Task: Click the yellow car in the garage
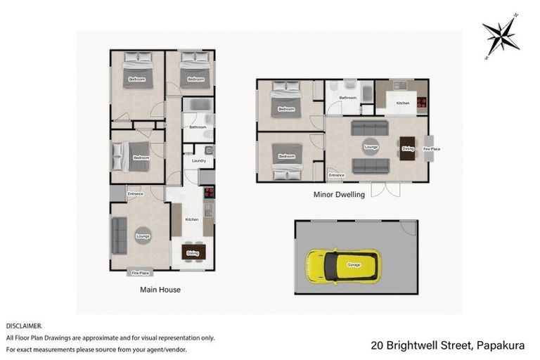click(x=342, y=265)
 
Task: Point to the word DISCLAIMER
click(x=24, y=326)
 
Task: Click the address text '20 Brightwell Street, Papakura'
click(x=451, y=345)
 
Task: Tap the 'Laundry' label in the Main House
click(x=198, y=161)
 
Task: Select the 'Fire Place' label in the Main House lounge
click(x=139, y=272)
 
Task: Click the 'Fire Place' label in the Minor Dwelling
click(x=431, y=148)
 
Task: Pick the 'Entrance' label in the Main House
click(x=136, y=194)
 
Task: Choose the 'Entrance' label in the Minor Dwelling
click(x=337, y=175)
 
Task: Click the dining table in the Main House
click(x=192, y=252)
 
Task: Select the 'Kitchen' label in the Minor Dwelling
click(x=402, y=103)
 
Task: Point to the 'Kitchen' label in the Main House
click(x=191, y=220)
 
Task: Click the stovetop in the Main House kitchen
click(x=209, y=193)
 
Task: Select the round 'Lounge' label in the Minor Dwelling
click(x=370, y=147)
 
